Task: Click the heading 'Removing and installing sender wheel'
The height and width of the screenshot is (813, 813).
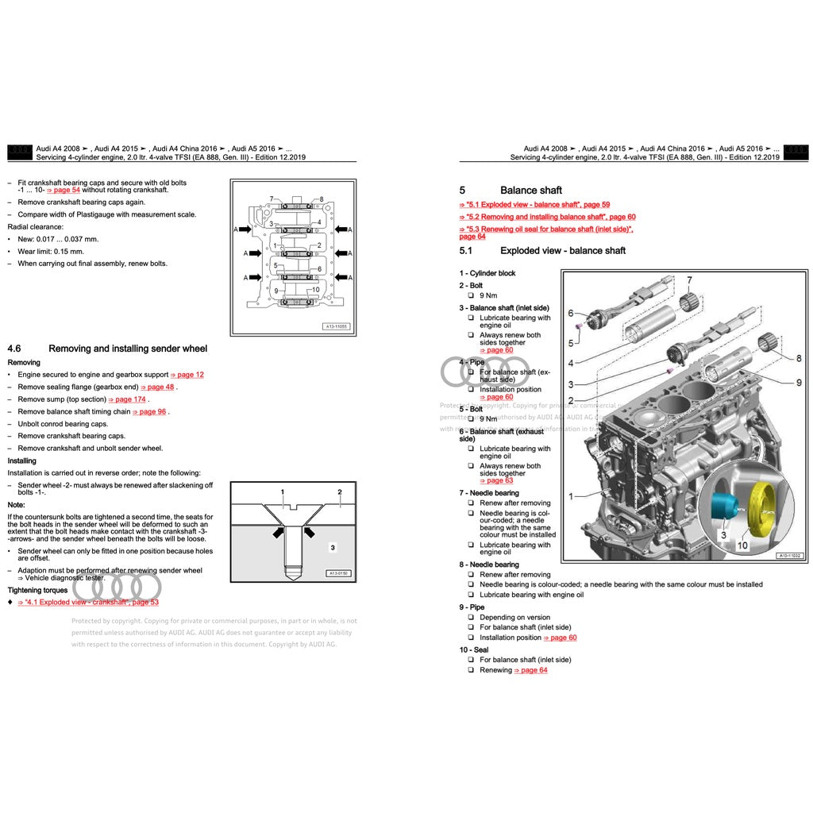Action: (128, 349)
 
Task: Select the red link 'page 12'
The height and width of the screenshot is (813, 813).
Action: (187, 375)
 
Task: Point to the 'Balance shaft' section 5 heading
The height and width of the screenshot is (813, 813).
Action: (530, 191)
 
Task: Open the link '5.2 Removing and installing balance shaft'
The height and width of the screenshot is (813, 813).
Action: (547, 217)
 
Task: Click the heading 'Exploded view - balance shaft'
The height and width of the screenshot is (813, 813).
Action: (562, 251)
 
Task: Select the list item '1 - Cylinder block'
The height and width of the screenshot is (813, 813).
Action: (487, 273)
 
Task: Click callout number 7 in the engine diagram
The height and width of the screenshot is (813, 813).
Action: (689, 280)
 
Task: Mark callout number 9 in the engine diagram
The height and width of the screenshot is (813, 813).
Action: (799, 383)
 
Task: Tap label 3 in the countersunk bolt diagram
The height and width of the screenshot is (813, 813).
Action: (333, 547)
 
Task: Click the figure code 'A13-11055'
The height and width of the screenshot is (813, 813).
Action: (336, 326)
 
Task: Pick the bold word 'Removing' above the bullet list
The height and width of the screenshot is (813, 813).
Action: (23, 363)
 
